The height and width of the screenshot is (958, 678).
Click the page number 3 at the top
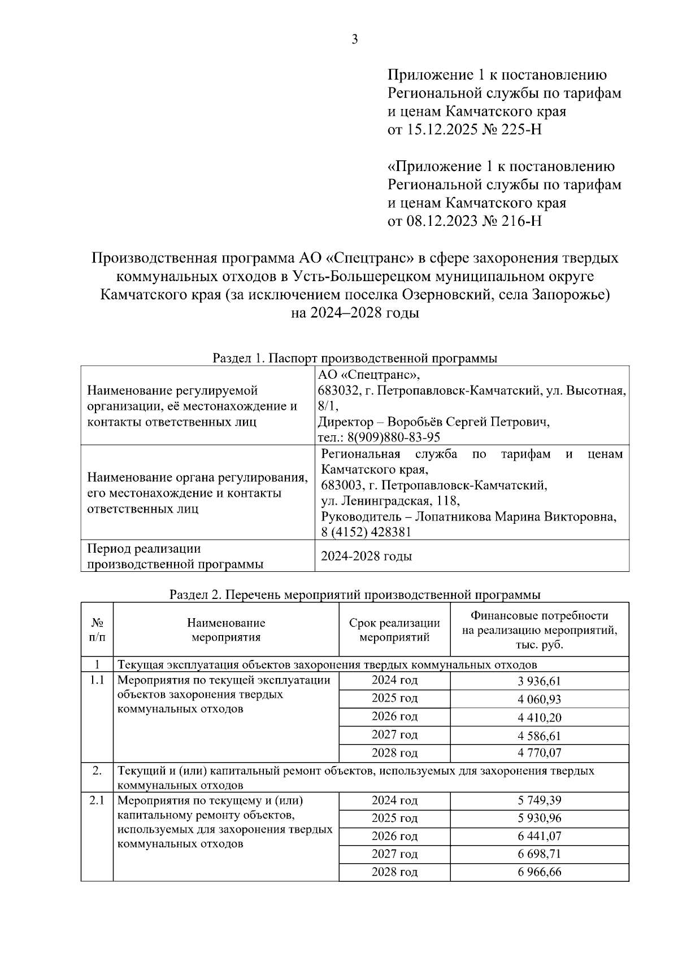tap(354, 39)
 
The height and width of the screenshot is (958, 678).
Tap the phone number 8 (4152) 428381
tap(366, 532)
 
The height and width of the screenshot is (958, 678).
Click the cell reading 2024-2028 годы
tap(366, 556)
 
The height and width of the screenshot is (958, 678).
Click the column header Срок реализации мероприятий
tap(394, 630)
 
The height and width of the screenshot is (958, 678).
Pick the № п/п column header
tap(97, 630)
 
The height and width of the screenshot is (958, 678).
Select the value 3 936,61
tap(539, 681)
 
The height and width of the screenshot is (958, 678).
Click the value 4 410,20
tap(539, 718)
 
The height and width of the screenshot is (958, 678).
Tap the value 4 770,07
tap(539, 753)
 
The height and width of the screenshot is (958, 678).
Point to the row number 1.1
tap(97, 680)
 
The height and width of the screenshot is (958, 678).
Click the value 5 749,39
tap(539, 800)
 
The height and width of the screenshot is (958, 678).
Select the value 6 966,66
tap(539, 872)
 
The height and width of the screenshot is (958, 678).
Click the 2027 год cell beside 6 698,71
tap(394, 854)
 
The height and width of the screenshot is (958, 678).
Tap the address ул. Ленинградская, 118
tap(390, 501)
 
